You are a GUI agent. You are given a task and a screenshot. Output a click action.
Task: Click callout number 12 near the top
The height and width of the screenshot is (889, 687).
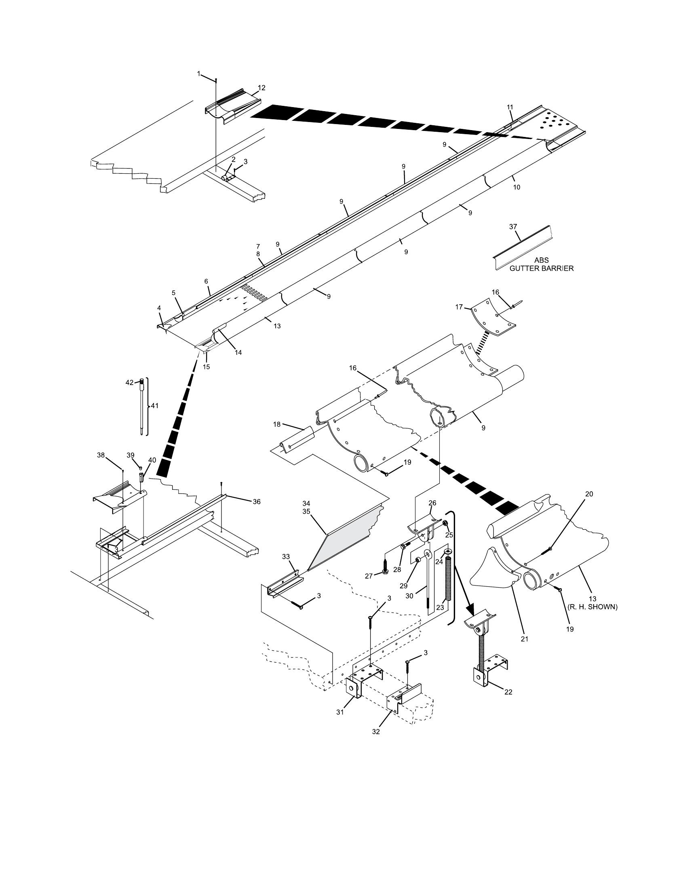[261, 88]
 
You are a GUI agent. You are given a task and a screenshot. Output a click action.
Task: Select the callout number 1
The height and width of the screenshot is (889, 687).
[198, 74]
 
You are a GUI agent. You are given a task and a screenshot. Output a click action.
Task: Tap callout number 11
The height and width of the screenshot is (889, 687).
[510, 107]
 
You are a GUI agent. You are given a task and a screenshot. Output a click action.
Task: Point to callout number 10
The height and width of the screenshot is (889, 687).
[516, 187]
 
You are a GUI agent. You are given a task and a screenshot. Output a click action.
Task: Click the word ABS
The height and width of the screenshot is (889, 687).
[541, 261]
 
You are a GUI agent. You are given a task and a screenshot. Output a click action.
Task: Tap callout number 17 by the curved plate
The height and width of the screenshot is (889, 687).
[459, 307]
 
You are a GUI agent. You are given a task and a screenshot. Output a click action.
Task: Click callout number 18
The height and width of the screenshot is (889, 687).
[277, 424]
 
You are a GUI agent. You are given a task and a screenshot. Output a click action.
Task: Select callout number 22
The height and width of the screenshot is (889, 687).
[508, 691]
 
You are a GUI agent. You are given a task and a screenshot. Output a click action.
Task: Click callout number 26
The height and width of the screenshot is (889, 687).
[432, 503]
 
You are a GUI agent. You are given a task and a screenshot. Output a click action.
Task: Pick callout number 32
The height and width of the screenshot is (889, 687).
[376, 731]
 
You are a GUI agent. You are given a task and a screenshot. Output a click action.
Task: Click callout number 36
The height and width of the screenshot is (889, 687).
[256, 502]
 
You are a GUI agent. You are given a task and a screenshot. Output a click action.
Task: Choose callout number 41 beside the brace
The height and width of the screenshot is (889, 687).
[155, 406]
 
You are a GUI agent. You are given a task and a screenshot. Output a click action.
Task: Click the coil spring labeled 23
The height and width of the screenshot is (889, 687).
[448, 578]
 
